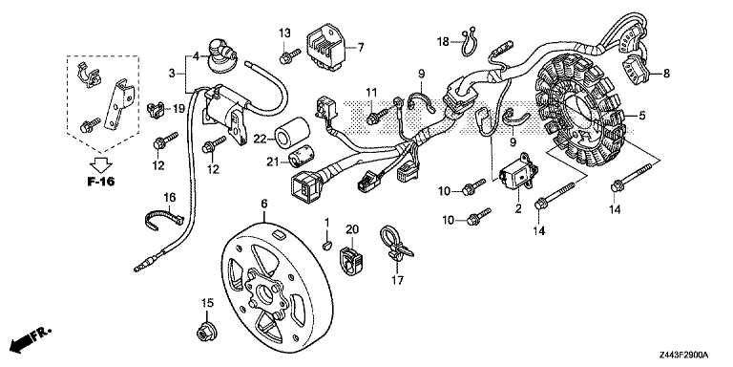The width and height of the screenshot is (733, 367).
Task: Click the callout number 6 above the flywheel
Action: click(264, 204)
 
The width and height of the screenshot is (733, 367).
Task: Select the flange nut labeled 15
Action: click(203, 333)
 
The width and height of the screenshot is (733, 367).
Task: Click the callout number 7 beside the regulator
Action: click(362, 47)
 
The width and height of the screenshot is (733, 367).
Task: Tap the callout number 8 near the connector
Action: click(666, 73)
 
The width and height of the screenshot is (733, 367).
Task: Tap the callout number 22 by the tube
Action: click(259, 140)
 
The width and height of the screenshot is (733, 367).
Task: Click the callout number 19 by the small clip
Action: click(178, 110)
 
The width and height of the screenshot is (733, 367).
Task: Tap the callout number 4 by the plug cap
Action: click(196, 55)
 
